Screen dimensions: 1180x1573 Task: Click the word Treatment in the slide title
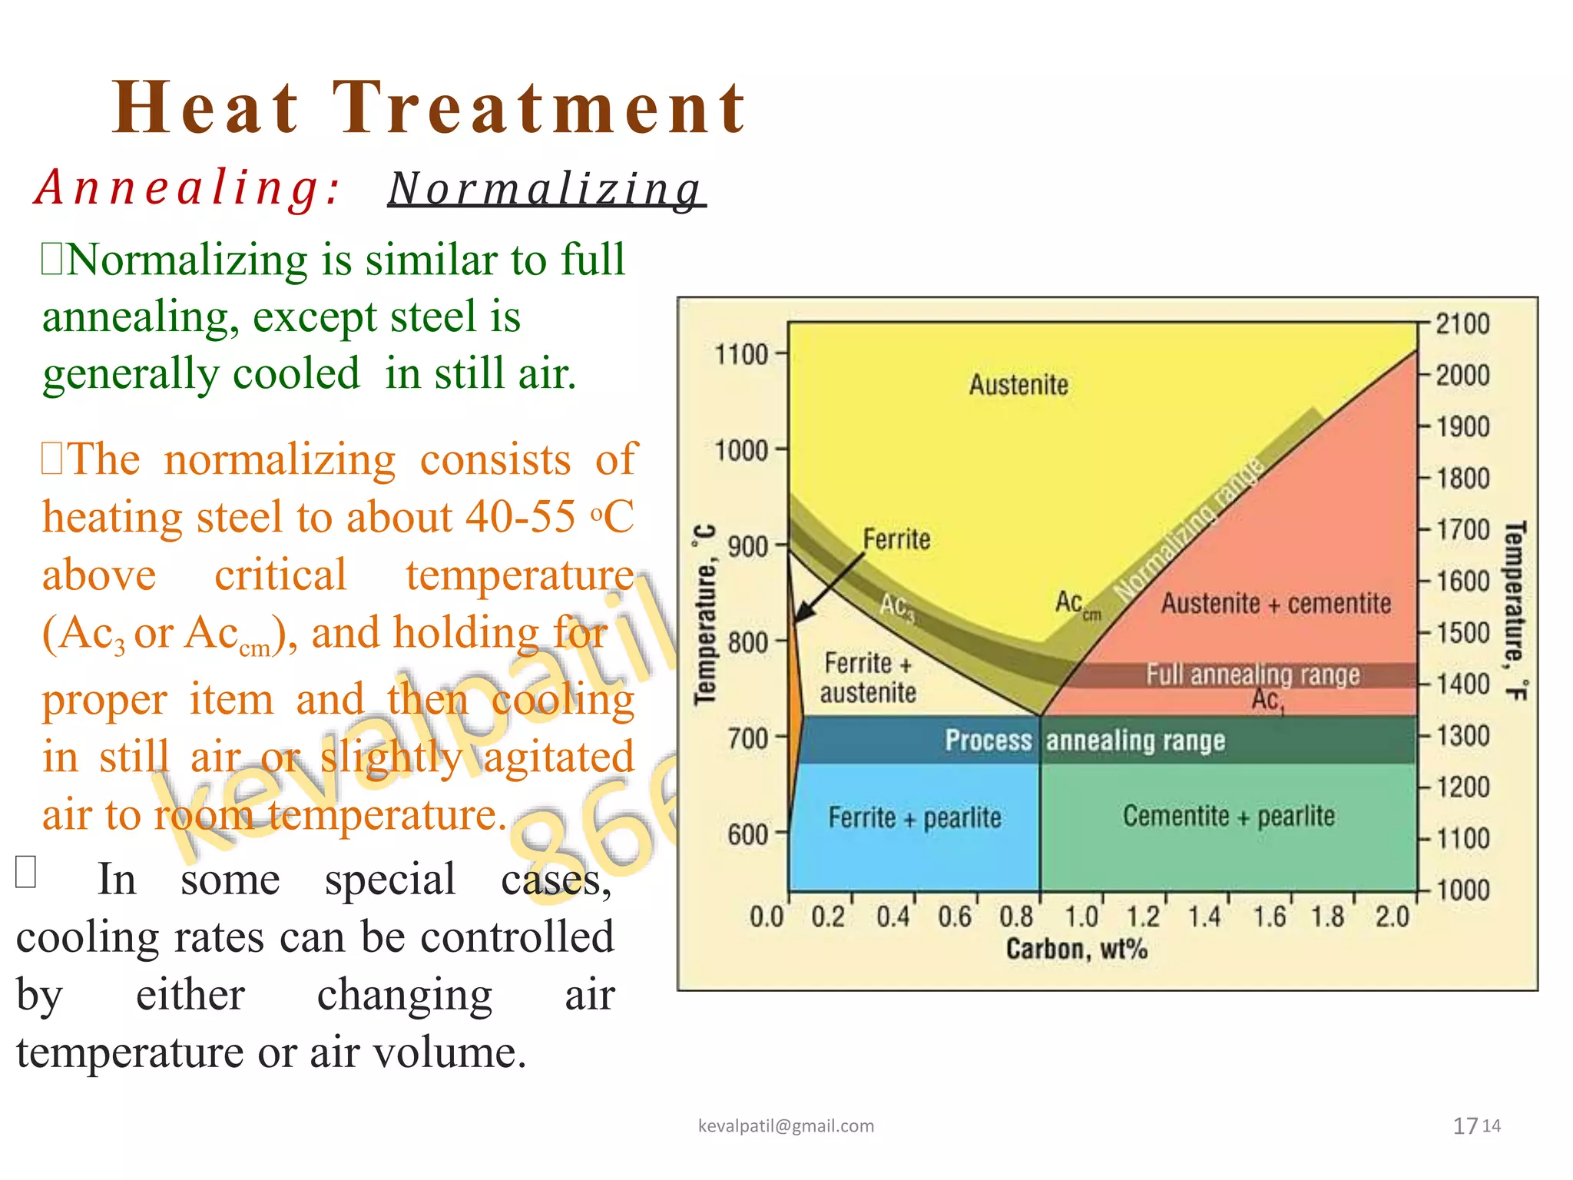[x=539, y=108]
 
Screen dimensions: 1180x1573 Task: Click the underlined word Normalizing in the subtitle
[x=545, y=189]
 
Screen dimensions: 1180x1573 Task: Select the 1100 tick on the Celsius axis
[x=742, y=355]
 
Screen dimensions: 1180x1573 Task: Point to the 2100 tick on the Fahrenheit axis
[x=1462, y=324]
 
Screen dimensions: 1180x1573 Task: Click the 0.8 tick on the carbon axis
[x=1016, y=916]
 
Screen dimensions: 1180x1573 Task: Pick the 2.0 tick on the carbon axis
[x=1392, y=916]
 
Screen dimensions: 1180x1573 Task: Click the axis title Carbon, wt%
[x=1077, y=950]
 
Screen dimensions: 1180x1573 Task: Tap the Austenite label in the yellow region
[x=1018, y=385]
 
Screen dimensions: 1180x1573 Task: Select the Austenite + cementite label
[x=1276, y=604]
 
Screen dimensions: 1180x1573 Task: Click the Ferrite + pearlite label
[x=914, y=817]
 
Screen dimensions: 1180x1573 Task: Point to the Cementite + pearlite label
[x=1229, y=816]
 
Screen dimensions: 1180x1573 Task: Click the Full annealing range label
[x=1253, y=675]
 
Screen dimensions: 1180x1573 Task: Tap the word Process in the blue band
[x=989, y=740]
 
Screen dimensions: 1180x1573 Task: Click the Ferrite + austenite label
[x=868, y=678]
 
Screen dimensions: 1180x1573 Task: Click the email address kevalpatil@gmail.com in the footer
[x=786, y=1126]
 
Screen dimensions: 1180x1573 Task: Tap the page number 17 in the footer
[x=1465, y=1126]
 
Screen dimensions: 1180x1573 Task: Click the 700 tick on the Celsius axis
[x=748, y=738]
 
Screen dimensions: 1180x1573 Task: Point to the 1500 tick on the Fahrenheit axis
[x=1462, y=633]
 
